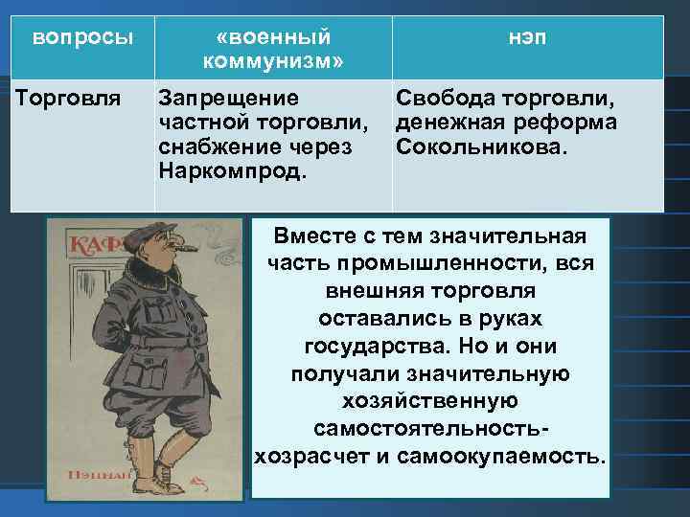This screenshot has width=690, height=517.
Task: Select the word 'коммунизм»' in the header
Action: [273, 61]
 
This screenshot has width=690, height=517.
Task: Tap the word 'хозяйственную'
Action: [429, 400]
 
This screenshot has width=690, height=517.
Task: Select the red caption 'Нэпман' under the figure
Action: [94, 475]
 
